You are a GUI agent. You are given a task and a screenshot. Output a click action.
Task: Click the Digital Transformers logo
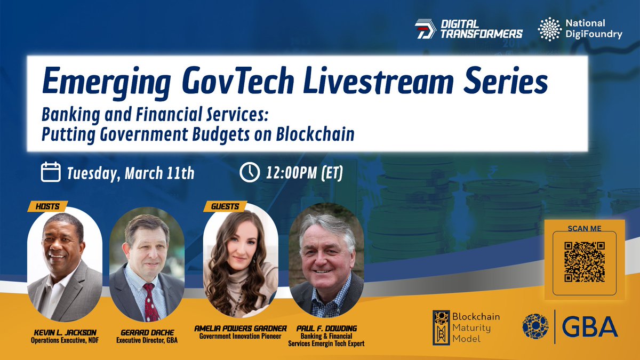[x=468, y=29]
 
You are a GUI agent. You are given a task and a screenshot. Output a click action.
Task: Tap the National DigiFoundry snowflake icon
[x=550, y=29]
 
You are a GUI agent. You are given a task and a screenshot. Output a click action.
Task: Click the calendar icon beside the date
[x=51, y=173]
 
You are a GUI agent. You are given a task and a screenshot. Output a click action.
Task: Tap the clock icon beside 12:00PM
[x=249, y=173]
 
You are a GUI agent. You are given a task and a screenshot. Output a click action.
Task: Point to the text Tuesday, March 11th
[x=130, y=173]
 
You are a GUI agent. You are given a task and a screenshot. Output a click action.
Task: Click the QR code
[x=585, y=261]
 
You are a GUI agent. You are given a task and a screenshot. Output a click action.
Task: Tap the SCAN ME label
[x=585, y=228]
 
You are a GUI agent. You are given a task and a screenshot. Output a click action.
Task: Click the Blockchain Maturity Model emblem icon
[x=441, y=326]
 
